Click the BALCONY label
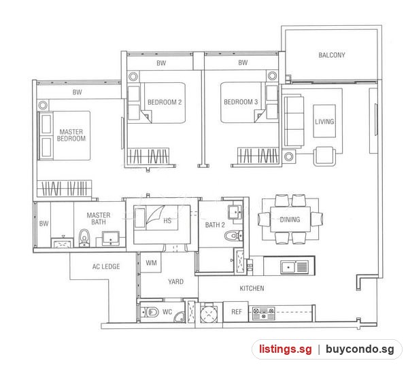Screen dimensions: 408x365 (332, 55)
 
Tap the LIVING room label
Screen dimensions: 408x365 (324, 122)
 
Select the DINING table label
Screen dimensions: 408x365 (290, 220)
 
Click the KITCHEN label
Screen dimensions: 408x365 (252, 288)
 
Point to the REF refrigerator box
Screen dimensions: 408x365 (236, 312)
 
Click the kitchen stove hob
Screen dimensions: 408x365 (264, 313)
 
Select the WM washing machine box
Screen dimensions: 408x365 (151, 262)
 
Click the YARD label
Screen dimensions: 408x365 (175, 282)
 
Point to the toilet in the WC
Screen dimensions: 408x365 (151, 312)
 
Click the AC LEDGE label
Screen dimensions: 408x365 (106, 266)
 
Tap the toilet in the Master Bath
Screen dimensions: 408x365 (84, 238)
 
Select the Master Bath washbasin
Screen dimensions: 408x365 (111, 238)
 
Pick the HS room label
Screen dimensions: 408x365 (167, 221)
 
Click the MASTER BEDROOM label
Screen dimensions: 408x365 (71, 135)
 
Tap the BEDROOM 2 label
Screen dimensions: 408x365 (165, 102)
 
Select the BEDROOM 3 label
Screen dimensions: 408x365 (241, 102)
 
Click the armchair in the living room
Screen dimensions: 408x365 (324, 156)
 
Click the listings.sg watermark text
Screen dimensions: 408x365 (285, 349)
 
